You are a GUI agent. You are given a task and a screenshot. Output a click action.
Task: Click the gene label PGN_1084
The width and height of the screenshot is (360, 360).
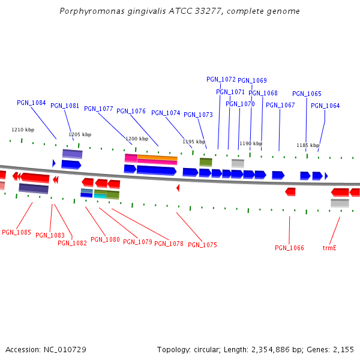pos(31,103)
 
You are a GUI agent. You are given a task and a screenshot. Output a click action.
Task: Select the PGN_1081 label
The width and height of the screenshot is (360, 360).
pos(65,106)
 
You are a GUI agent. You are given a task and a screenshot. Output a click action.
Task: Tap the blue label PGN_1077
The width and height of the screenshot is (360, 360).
pos(98,109)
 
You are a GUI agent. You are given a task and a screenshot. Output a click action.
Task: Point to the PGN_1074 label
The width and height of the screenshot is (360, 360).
pos(166,113)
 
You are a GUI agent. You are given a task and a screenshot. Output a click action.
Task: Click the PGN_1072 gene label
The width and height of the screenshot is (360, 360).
pos(221,79)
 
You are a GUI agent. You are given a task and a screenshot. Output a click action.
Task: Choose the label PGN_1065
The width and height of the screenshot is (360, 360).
pos(307,94)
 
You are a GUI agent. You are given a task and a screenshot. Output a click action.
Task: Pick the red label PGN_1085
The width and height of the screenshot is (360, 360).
pos(16,232)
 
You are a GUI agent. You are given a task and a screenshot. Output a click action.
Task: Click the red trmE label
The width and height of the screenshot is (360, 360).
pos(329,248)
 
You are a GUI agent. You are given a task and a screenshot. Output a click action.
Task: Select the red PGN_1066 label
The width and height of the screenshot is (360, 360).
pos(289,248)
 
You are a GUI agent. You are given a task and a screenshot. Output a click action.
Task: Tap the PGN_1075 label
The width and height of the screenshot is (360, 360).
pos(202,245)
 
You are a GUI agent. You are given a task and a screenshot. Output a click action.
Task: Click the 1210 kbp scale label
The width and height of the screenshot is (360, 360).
pos(23,130)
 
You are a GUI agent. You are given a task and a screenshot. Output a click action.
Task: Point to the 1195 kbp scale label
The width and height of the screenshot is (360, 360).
pos(193,142)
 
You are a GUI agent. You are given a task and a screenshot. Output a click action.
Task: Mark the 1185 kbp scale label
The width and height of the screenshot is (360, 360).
pos(307,145)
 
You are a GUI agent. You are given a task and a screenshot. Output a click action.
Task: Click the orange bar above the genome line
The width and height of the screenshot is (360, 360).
pos(157,158)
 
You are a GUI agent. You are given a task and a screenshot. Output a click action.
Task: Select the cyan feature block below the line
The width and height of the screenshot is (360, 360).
pos(100,196)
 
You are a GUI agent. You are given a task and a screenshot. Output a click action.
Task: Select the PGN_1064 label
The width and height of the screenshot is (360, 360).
pos(325,106)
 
